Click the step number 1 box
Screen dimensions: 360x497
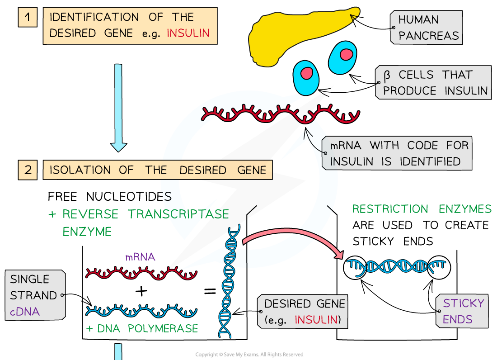point(28,18)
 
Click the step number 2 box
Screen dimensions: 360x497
point(28,170)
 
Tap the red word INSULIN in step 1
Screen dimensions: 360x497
point(188,33)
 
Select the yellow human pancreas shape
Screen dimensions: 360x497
point(298,32)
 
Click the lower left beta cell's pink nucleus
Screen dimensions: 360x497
point(307,73)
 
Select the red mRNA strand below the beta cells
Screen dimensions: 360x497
point(280,114)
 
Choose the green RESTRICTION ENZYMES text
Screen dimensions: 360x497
point(422,209)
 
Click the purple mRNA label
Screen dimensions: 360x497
point(140,257)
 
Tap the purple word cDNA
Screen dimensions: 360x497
point(25,312)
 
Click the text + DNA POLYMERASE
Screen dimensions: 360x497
point(142,328)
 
